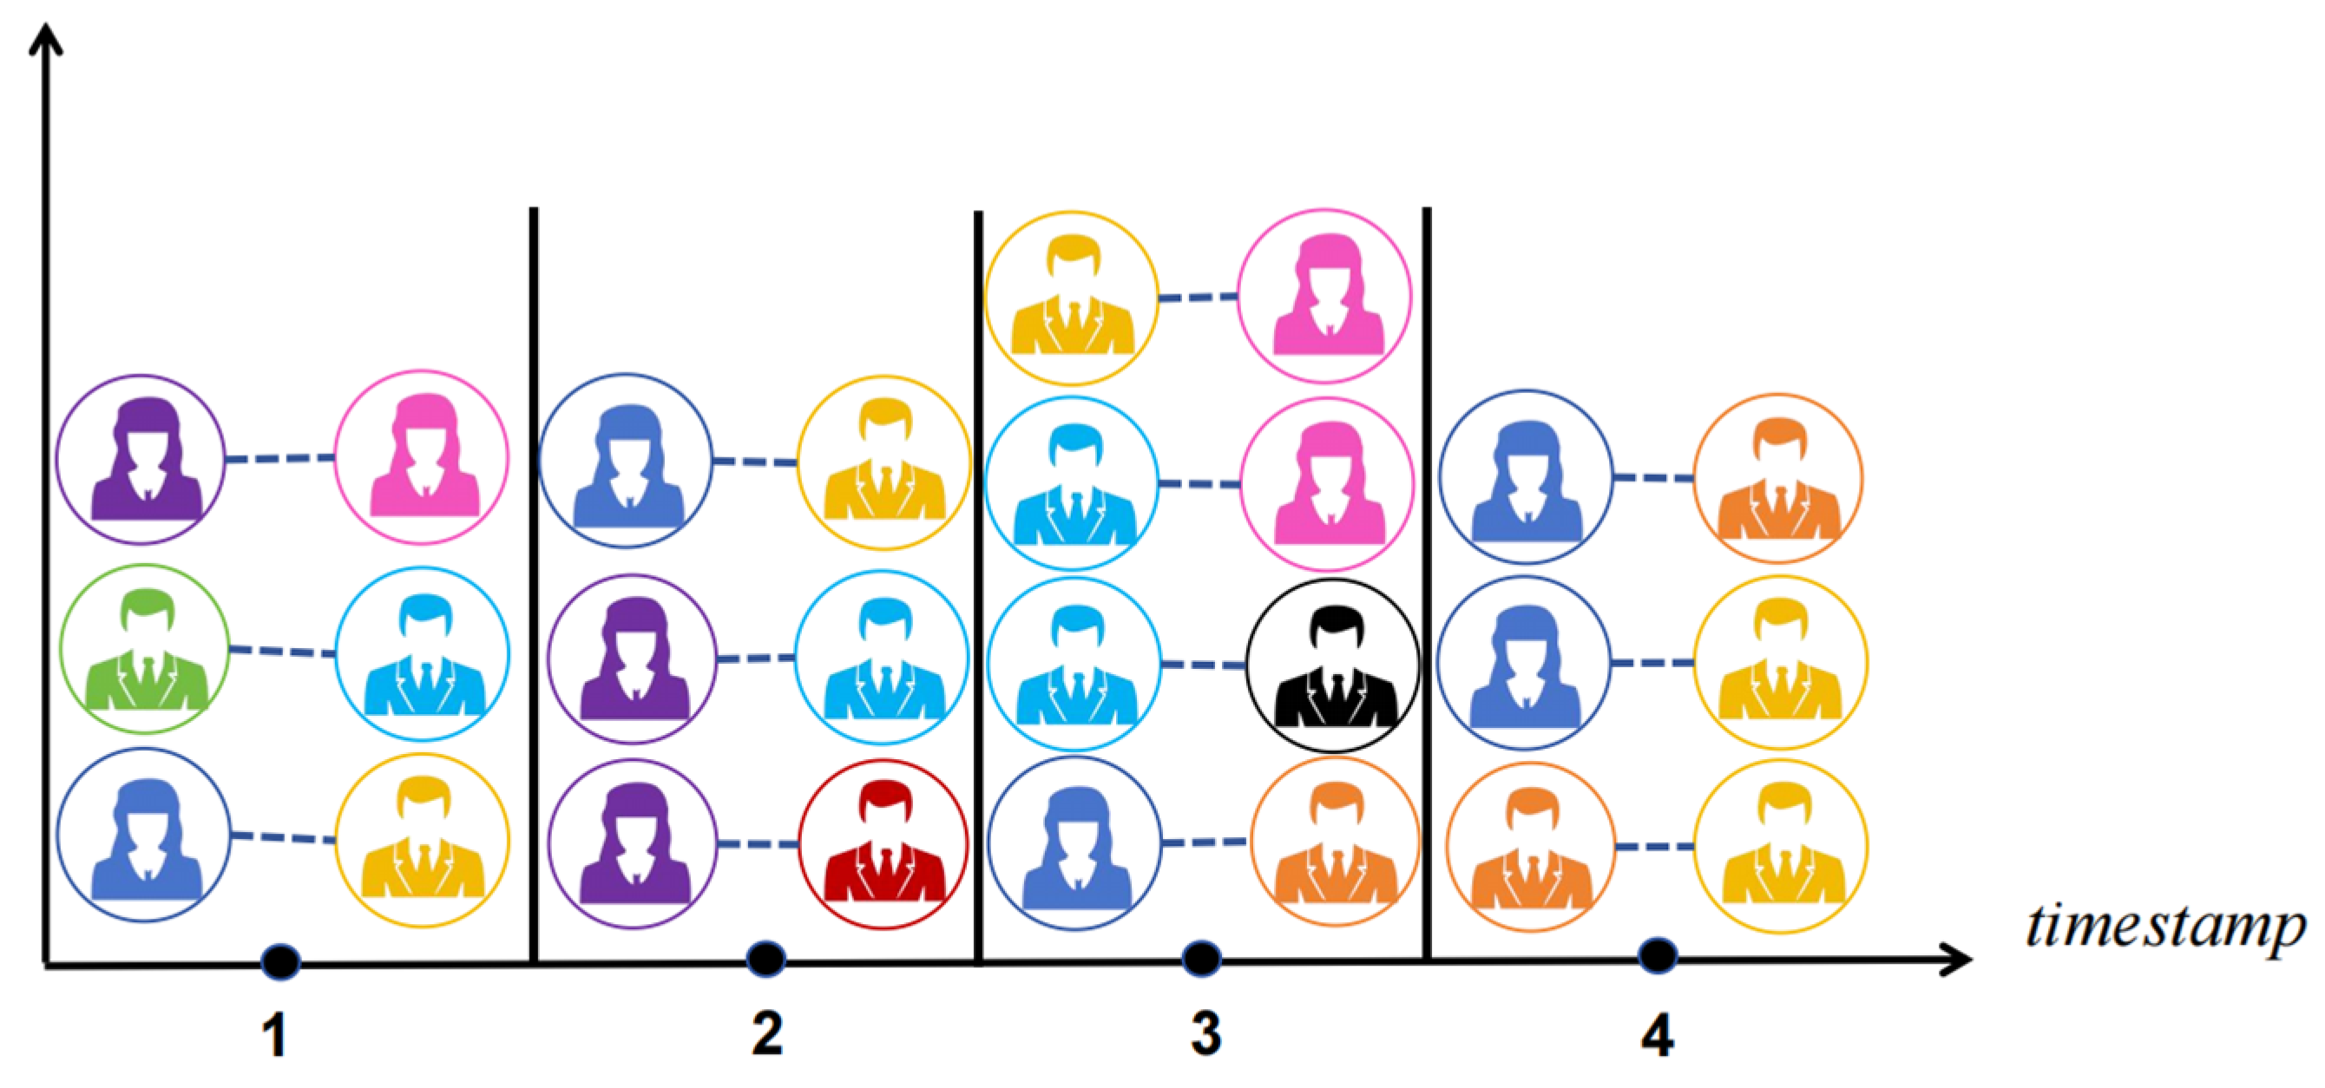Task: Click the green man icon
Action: tap(144, 649)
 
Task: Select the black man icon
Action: tap(1332, 665)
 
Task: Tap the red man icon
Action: tap(883, 844)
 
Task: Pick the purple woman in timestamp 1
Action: tap(141, 459)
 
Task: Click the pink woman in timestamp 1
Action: tap(422, 457)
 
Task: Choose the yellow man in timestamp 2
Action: tap(883, 462)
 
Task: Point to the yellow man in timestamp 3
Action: tap(1071, 298)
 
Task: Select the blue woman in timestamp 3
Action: tap(1074, 842)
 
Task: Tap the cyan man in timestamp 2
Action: tap(882, 658)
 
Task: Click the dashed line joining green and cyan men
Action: tap(283, 651)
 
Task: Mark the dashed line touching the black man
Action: tap(1203, 665)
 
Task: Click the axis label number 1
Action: tap(275, 1035)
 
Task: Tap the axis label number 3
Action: tap(1205, 1034)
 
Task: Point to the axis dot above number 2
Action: tap(766, 959)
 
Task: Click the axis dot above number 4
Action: tap(1658, 955)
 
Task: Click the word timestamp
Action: tap(2165, 927)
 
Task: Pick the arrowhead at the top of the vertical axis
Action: tap(45, 38)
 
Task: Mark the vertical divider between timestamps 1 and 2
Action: tap(534, 587)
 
